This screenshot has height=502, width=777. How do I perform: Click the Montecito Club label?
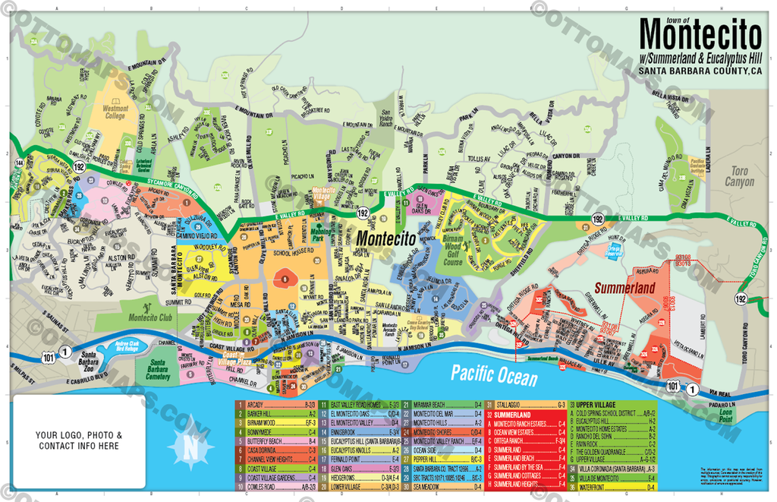pos(152,317)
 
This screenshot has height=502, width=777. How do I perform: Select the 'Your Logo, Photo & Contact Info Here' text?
pos(79,440)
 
